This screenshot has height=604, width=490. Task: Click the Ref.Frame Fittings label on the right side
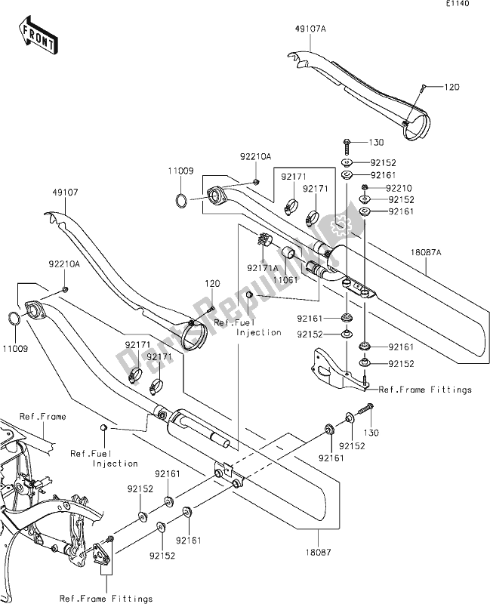pyautogui.click(x=425, y=390)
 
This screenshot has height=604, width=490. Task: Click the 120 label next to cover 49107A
pyautogui.click(x=450, y=88)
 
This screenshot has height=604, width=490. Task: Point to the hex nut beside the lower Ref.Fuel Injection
pyautogui.click(x=103, y=429)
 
